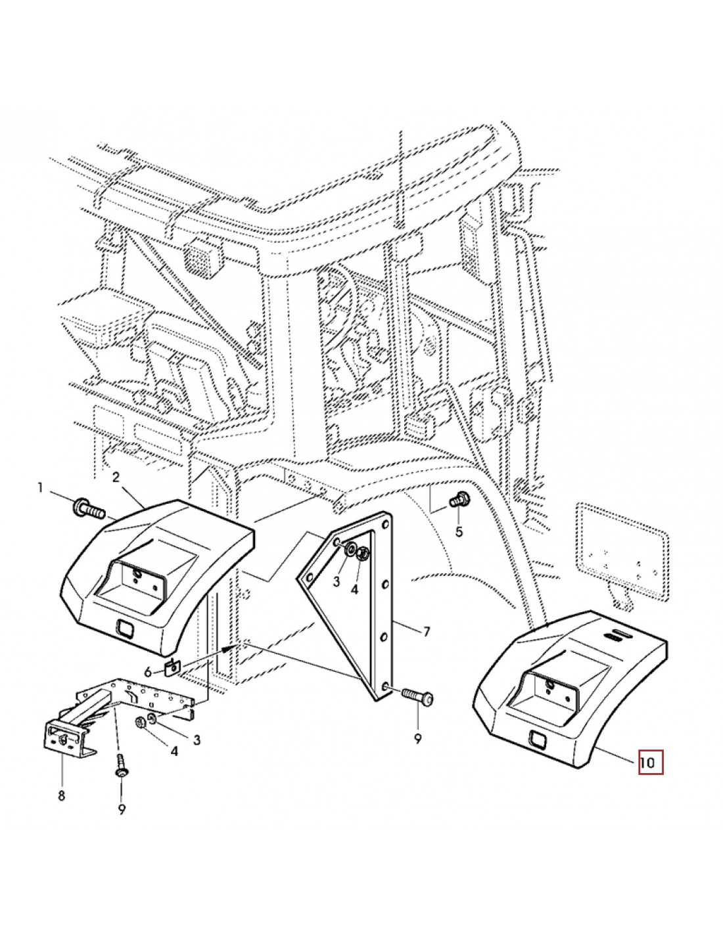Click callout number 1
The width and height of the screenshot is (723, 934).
tap(40, 488)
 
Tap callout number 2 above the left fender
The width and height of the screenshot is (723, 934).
tap(116, 478)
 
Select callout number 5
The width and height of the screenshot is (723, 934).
tap(459, 531)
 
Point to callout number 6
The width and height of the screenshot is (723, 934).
tap(148, 671)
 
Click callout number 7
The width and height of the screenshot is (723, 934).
tap(426, 632)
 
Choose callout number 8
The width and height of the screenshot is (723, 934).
tap(61, 796)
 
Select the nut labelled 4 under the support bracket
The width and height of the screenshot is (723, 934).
tap(141, 723)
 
